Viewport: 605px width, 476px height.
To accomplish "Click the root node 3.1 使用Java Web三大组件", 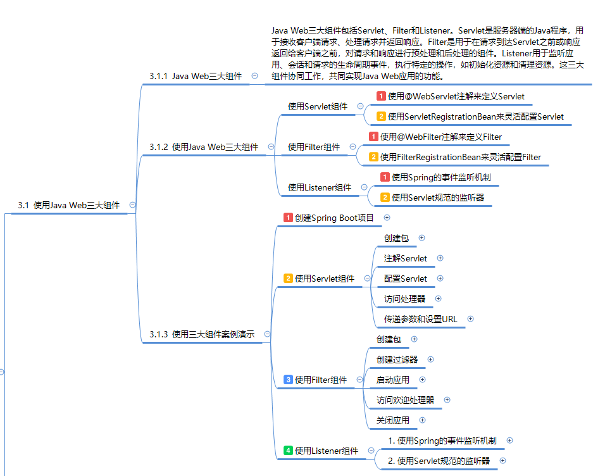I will click(x=69, y=205).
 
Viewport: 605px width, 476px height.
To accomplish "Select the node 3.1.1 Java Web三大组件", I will click(x=196, y=76).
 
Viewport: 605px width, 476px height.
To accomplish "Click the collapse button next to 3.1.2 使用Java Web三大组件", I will click(x=271, y=147).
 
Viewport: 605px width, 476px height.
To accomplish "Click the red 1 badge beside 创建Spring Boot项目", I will click(x=288, y=218).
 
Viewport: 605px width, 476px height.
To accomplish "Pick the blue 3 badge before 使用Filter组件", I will click(x=288, y=380).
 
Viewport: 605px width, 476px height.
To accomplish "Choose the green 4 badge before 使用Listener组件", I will click(x=288, y=451).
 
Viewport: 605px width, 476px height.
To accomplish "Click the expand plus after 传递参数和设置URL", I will click(x=470, y=319).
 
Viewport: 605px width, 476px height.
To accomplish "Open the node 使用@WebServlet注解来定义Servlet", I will click(x=456, y=96).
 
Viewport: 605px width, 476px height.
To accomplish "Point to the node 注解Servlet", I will click(x=405, y=258).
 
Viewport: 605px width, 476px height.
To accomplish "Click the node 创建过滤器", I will click(x=397, y=360).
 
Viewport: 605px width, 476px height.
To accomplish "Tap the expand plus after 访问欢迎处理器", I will click(x=447, y=400).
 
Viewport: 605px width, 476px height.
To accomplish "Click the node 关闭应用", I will click(x=392, y=420).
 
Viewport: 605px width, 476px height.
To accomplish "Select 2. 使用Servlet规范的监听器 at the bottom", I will click(x=439, y=461).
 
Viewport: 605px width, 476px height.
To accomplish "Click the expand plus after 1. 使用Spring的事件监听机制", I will click(x=509, y=441).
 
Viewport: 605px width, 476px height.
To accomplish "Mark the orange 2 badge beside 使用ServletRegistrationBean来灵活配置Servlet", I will click(x=381, y=116).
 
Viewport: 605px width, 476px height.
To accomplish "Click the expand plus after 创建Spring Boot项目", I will click(x=387, y=218).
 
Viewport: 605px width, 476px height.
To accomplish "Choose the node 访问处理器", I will click(x=404, y=299).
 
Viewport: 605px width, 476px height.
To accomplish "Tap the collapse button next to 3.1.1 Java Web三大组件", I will click(x=254, y=76).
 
